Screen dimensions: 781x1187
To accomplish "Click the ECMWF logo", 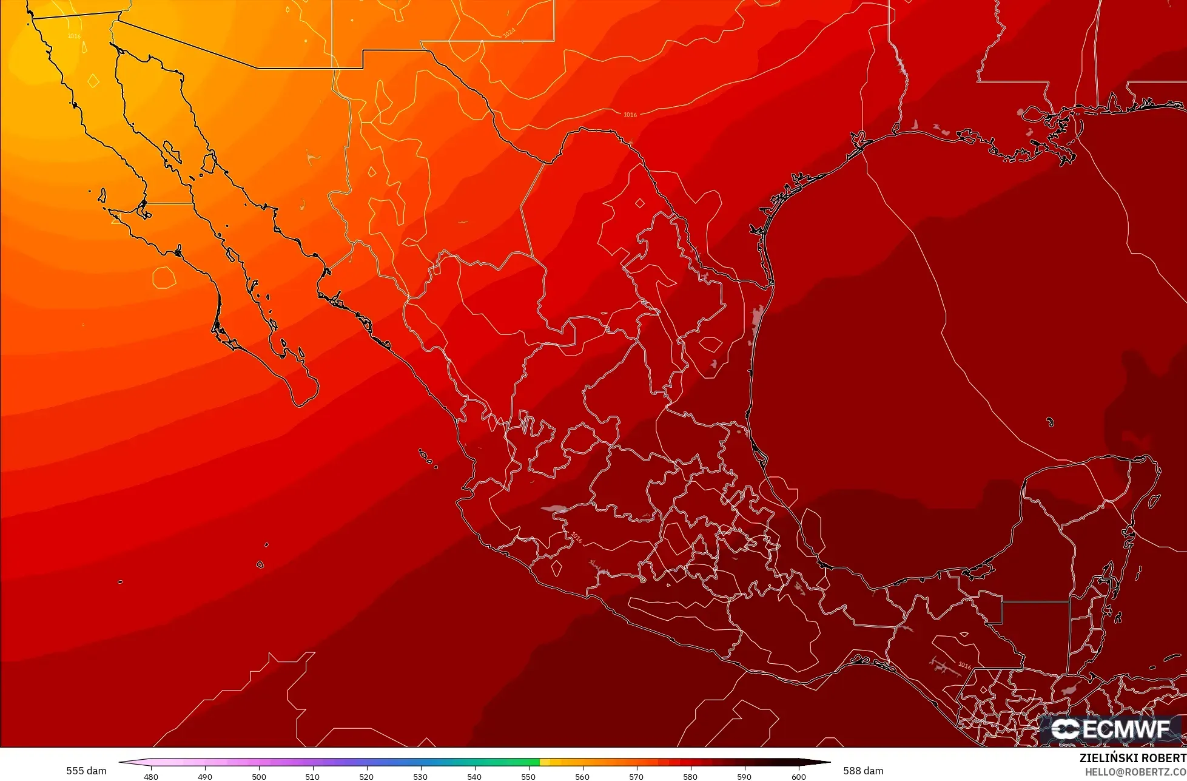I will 1111,729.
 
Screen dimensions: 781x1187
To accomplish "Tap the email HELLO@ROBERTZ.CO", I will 1135,772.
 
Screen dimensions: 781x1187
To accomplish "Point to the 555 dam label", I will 86,771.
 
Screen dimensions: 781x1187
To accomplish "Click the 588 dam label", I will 863,771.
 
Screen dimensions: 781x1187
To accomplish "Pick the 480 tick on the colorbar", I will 151,776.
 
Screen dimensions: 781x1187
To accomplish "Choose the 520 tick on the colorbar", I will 366,776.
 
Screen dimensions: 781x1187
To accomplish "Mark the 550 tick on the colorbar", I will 528,776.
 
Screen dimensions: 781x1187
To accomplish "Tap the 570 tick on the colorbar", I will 636,776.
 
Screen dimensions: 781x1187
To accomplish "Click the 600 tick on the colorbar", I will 798,776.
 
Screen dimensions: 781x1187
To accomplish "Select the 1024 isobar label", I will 509,33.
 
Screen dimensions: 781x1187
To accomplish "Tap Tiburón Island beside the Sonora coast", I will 209,162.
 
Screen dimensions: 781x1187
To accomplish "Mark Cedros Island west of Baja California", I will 101,195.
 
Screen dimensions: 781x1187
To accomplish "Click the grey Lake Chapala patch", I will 554,509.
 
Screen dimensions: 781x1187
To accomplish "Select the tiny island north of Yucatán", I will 1050,422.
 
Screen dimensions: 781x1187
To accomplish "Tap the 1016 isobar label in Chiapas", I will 964,665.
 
